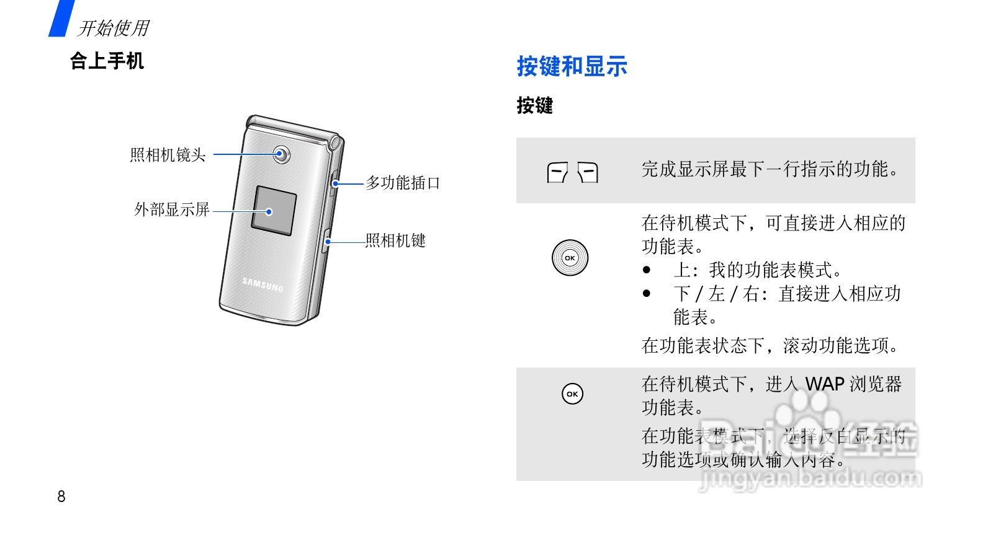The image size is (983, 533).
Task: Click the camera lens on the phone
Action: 282,154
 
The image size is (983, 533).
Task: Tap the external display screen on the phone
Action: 274,211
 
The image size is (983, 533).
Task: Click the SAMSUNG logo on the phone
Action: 263,284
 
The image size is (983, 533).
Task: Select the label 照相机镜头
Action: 168,155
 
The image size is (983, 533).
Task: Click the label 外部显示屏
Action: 172,209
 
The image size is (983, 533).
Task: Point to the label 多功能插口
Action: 403,183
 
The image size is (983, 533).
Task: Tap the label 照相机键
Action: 395,240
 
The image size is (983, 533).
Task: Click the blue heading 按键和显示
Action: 572,66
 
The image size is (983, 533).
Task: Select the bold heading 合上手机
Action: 107,61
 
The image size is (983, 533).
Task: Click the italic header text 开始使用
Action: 114,28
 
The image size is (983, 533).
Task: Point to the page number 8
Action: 61,496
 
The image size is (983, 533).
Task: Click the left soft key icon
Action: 557,172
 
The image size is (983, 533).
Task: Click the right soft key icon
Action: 588,172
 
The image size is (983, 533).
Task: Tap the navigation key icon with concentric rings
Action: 570,258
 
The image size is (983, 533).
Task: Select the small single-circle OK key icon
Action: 572,394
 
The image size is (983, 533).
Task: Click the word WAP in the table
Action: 825,384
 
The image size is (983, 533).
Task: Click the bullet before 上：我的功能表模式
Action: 647,270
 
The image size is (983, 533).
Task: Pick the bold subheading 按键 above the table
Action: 534,105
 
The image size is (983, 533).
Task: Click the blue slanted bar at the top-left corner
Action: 61,18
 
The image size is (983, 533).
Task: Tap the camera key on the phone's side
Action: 326,241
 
